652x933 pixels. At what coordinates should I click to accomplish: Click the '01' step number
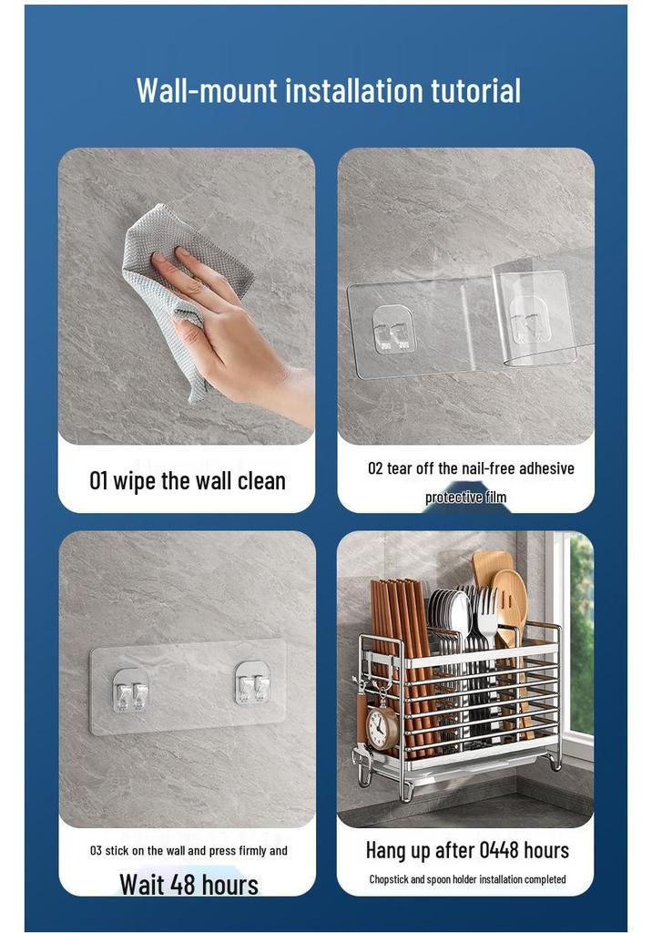click(98, 481)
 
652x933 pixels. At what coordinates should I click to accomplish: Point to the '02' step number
click(375, 468)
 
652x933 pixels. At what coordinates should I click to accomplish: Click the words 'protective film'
click(466, 497)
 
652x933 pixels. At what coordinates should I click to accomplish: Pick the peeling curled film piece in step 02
click(538, 315)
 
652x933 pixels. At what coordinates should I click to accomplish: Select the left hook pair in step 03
click(131, 691)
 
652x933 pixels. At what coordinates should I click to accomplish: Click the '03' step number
click(96, 851)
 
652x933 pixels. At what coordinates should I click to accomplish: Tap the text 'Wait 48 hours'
click(189, 884)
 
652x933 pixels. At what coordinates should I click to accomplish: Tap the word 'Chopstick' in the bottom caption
click(389, 879)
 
